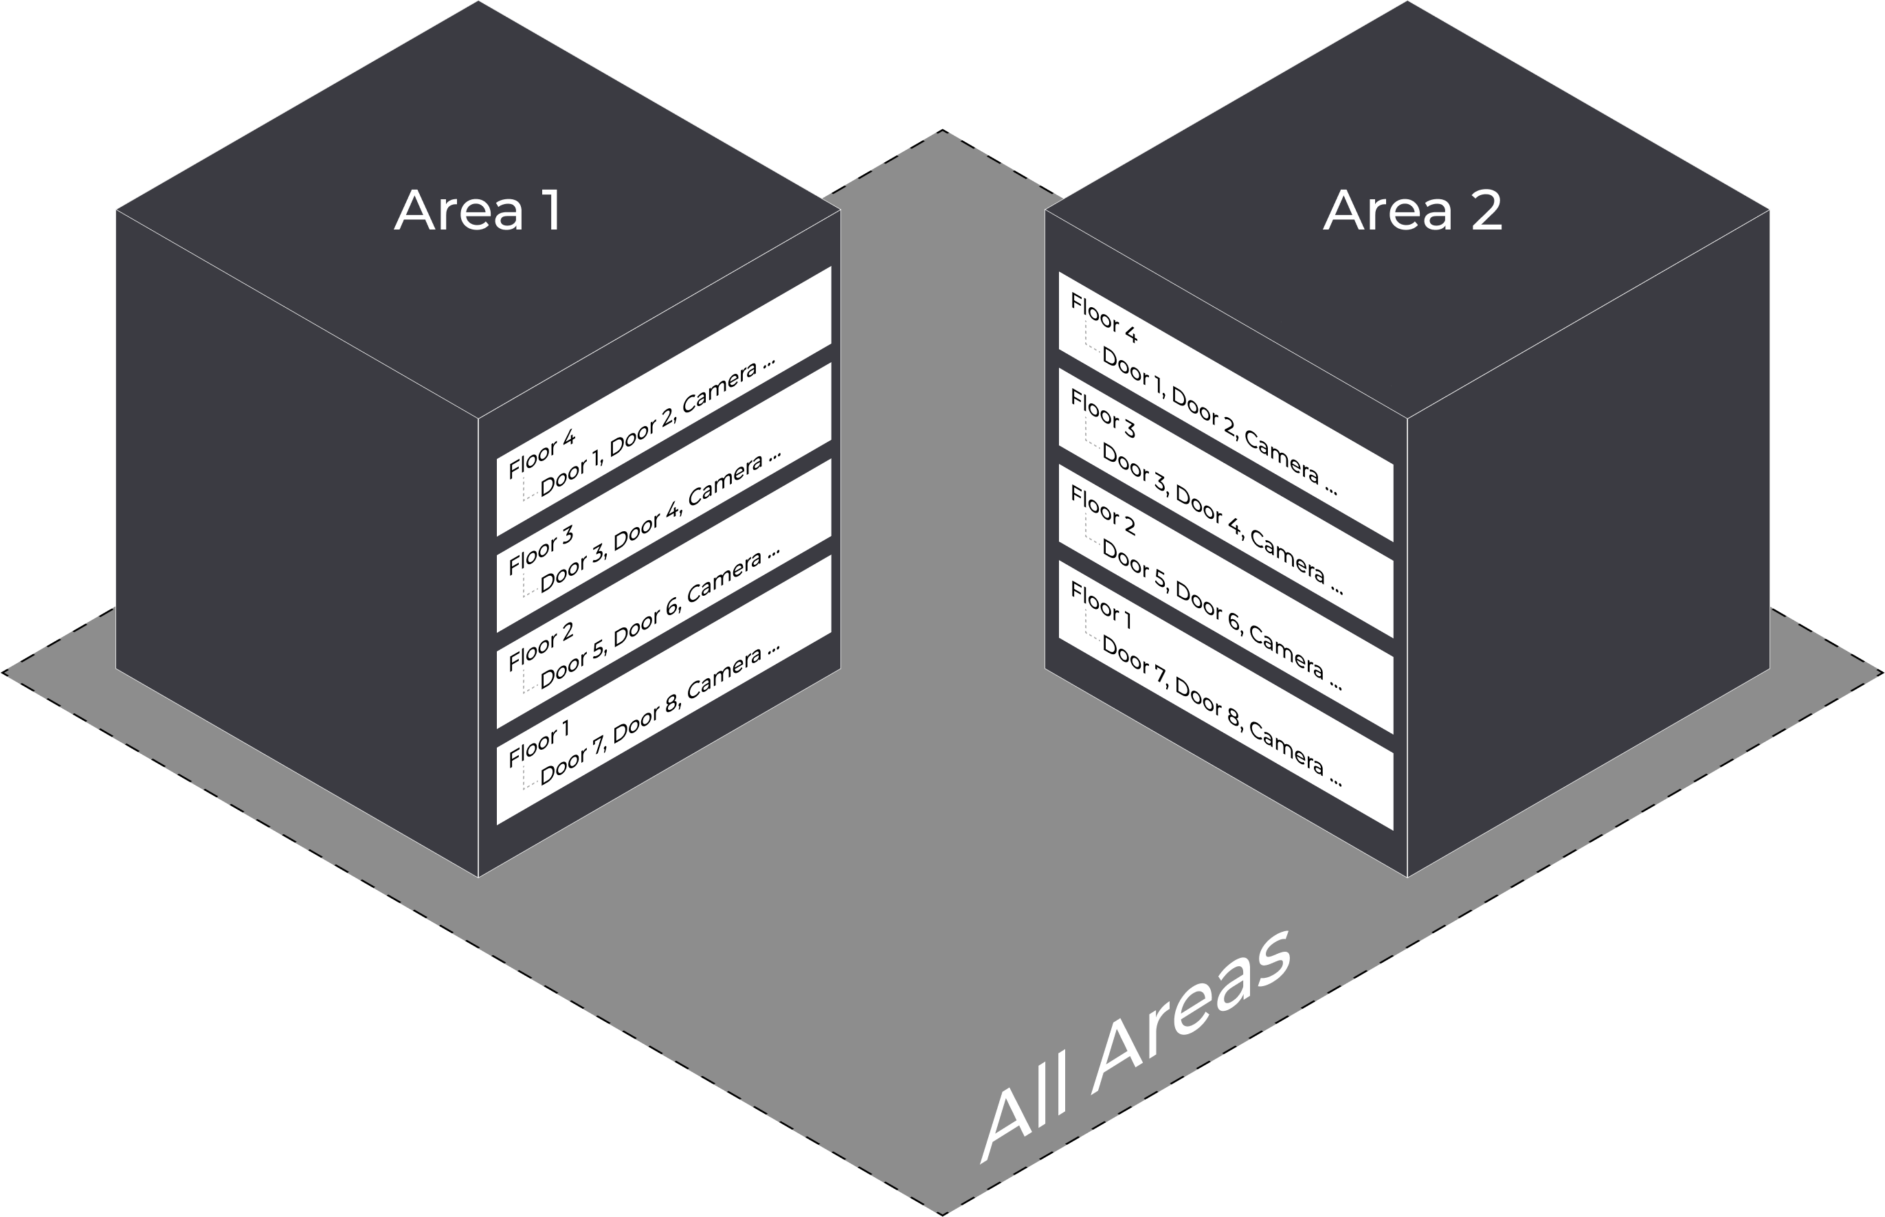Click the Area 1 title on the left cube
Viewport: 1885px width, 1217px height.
tap(478, 211)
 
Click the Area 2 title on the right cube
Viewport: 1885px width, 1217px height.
tap(1412, 211)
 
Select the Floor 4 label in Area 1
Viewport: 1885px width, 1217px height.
tap(542, 454)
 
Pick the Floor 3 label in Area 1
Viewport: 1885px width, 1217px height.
tap(541, 551)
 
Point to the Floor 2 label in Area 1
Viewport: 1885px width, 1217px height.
tap(541, 647)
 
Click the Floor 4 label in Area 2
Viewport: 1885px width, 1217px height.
tap(1104, 317)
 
